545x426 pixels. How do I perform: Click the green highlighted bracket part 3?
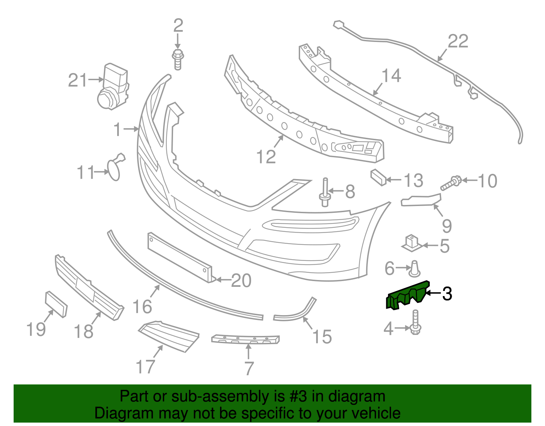pos(407,295)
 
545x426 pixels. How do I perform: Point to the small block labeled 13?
pos(378,177)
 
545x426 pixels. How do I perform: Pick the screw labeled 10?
pos(450,183)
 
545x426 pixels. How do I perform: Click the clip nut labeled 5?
pos(412,243)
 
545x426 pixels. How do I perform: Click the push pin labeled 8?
pos(325,193)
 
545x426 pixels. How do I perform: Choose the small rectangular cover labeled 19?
pos(56,304)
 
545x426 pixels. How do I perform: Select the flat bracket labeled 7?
pos(245,339)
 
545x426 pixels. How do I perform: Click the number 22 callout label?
pos(458,42)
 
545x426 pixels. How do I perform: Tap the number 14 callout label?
pos(391,76)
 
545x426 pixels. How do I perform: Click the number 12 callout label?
pos(266,157)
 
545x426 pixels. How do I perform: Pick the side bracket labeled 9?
pos(421,200)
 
